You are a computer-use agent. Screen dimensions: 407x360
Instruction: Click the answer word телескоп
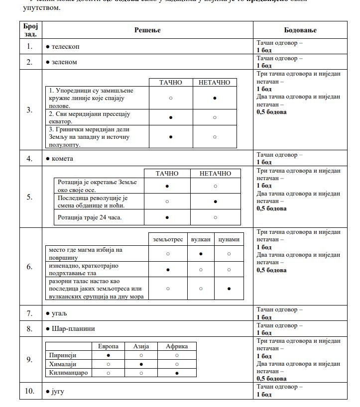pos(65,46)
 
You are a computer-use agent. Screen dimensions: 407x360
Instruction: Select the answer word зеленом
pos(65,62)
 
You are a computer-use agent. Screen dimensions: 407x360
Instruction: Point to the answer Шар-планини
pos(73,329)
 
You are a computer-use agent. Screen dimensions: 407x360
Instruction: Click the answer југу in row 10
pos(58,392)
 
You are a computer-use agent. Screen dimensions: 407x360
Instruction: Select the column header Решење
pos(147,30)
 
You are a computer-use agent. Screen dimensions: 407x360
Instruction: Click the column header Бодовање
pos(300,30)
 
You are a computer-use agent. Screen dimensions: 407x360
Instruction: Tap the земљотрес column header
pos(168,239)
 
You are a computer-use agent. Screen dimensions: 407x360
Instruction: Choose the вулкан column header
pos(201,239)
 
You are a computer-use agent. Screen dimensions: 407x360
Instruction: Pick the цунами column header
pos(229,239)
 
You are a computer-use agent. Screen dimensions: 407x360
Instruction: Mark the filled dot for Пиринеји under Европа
pos(108,356)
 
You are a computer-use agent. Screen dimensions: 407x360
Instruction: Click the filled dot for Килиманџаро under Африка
pos(177,373)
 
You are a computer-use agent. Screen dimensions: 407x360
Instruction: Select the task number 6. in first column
pos(30,267)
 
